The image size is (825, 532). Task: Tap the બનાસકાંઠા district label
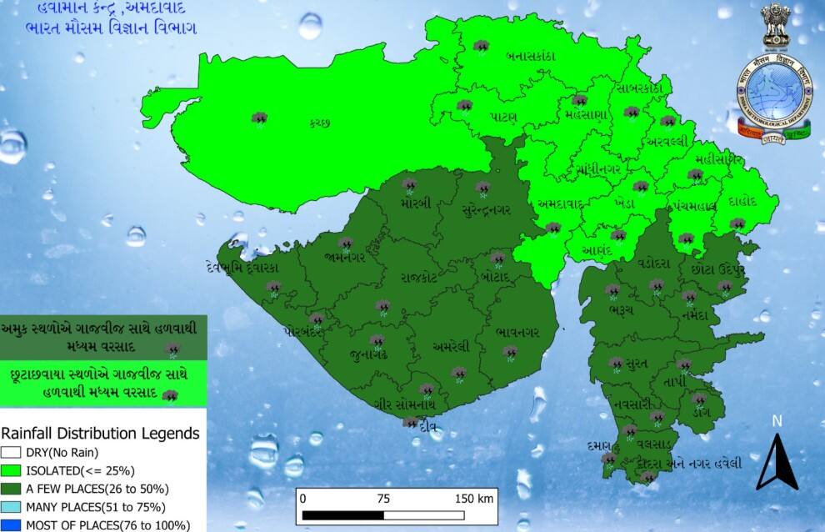click(x=530, y=56)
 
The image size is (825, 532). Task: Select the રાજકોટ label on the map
click(x=417, y=277)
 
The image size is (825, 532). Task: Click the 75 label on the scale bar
click(x=382, y=499)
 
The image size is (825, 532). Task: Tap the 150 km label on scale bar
click(x=474, y=499)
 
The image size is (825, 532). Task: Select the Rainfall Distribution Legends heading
click(x=100, y=434)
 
